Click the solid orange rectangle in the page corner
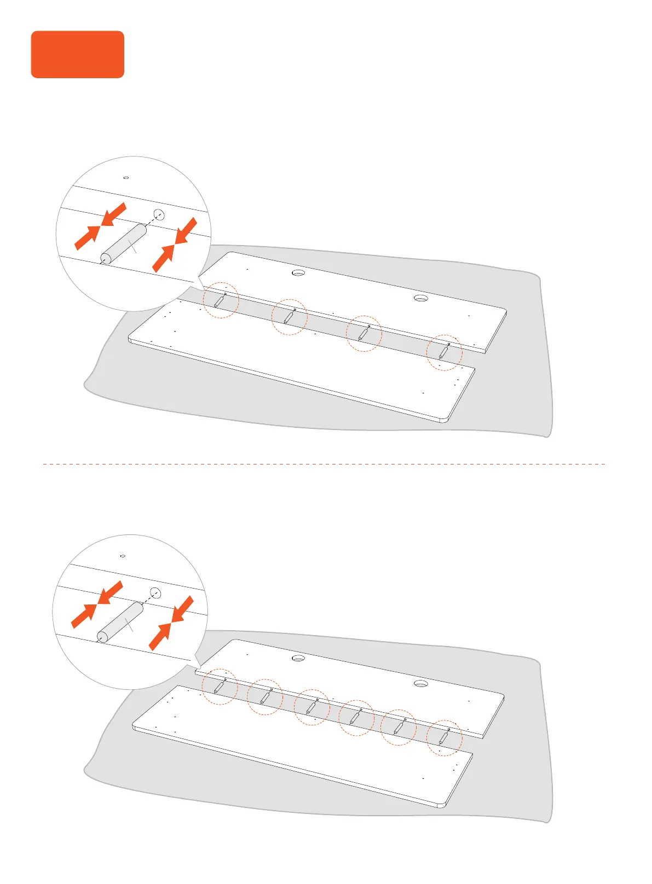(77, 54)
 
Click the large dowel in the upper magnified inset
(124, 243)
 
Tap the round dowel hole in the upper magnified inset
(159, 214)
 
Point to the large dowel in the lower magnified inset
(120, 622)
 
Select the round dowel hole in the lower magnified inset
(155, 592)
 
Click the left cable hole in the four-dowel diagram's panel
(298, 272)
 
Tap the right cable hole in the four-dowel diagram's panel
(420, 298)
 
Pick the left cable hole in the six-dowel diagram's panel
(298, 658)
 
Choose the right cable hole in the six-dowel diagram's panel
(420, 683)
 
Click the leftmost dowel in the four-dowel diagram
(220, 300)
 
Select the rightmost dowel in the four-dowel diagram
(443, 351)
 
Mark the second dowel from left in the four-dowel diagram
(289, 316)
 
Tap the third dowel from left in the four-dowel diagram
(364, 333)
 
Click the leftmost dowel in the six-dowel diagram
(220, 686)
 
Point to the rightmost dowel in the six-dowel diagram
(443, 737)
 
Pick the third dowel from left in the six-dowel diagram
(312, 707)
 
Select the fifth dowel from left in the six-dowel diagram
(400, 726)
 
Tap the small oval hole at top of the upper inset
(126, 178)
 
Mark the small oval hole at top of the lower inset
(123, 556)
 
